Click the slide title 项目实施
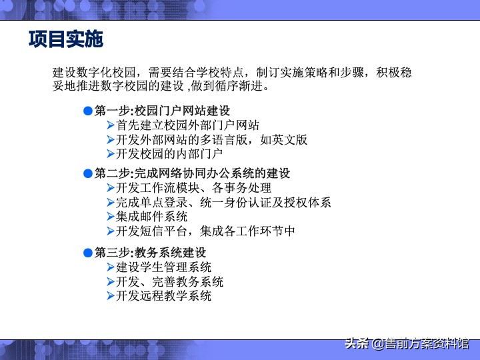66,39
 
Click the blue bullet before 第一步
87,110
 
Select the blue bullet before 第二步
87,173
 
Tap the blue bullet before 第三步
87,253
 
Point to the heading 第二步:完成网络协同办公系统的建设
192,173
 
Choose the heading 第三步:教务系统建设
150,253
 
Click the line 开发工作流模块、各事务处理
193,188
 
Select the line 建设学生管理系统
163,267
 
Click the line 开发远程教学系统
163,296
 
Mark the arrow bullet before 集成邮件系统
111,217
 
